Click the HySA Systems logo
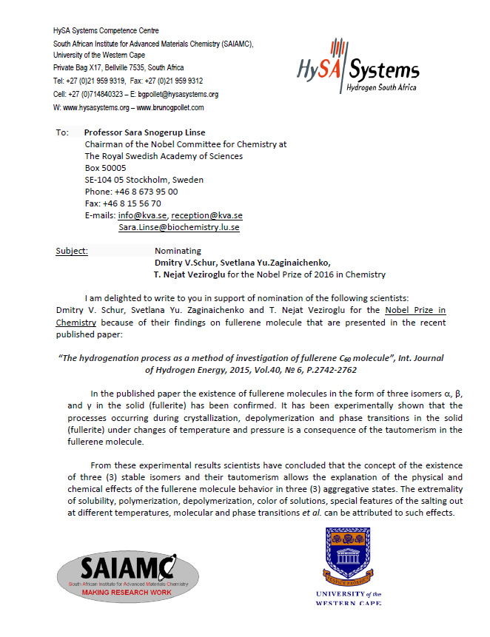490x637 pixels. click(x=358, y=72)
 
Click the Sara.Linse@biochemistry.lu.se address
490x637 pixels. click(x=178, y=228)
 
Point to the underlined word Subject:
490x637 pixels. click(x=72, y=251)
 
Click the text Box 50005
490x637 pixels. click(x=106, y=168)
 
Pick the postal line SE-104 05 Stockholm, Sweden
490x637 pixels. click(x=144, y=180)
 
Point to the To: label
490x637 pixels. click(x=61, y=132)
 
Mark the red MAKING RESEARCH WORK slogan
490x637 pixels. click(x=127, y=593)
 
